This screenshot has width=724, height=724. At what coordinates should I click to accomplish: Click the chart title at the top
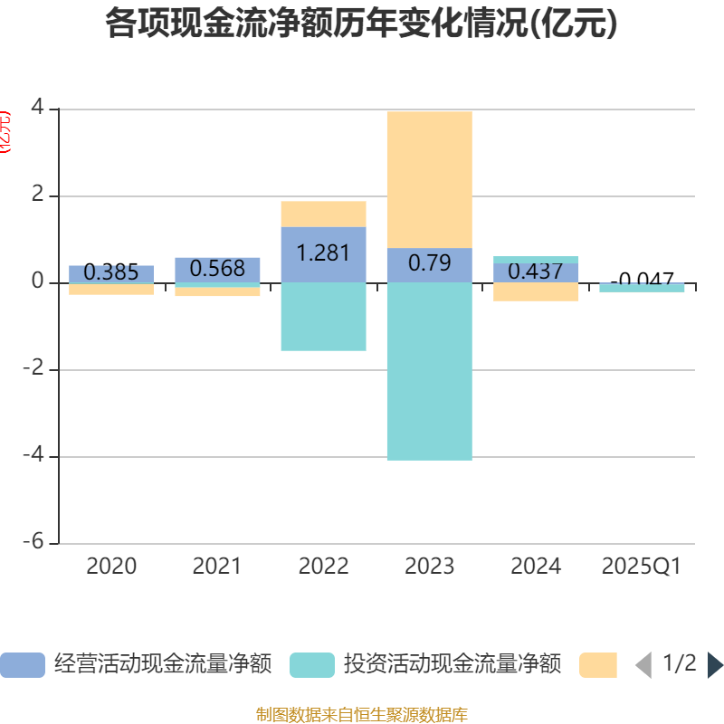pos(362,24)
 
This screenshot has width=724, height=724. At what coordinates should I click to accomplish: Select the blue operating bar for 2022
pos(323,254)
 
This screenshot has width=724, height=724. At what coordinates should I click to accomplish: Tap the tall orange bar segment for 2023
pos(429,179)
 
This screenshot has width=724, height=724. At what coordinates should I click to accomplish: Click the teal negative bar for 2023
pos(429,371)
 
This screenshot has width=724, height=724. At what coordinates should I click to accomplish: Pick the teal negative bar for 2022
pos(323,317)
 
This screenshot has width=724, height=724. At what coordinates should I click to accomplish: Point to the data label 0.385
pos(111,272)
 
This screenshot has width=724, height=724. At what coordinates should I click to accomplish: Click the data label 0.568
pos(217,269)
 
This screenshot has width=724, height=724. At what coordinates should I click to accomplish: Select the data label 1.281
pos(323,253)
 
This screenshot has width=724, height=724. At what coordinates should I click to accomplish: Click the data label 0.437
pos(535,271)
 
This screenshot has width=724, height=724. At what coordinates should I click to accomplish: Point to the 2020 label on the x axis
pos(111,567)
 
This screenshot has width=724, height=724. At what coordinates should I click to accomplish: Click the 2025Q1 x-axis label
pos(641,567)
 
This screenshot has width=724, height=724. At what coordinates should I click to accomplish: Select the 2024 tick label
pos(535,567)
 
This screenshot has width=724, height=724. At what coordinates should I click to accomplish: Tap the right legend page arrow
pos(715,665)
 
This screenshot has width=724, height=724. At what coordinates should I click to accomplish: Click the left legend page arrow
pos(643,665)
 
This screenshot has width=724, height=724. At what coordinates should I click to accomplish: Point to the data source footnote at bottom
pos(362,715)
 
